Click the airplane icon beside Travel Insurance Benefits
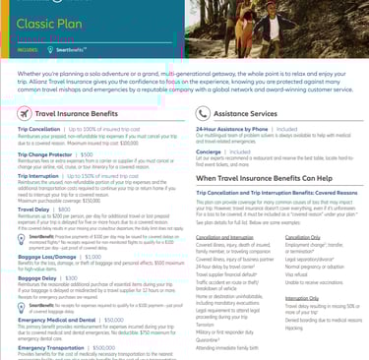point(25,114)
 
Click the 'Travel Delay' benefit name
point(32,209)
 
